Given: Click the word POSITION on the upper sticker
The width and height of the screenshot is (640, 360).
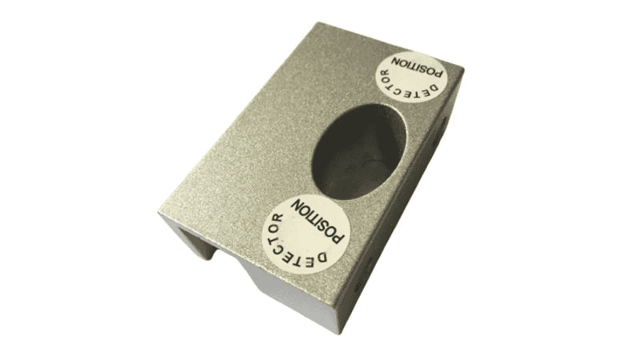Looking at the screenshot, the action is coord(417,66).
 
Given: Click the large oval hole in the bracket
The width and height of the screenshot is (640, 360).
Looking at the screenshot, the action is coord(359,151).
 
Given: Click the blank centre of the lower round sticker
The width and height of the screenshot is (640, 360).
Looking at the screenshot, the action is coord(304,234).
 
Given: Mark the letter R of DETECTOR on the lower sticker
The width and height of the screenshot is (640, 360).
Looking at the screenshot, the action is coord(278,218).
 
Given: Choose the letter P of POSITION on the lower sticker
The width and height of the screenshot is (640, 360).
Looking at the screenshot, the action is coord(338,237).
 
